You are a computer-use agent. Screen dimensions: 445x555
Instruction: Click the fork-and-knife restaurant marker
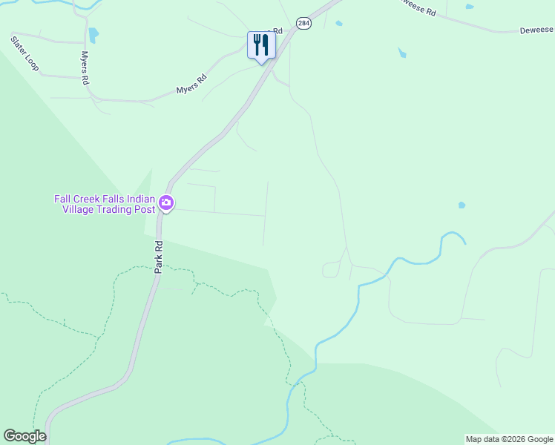click(261, 46)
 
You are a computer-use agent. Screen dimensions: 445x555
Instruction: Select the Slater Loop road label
click(24, 53)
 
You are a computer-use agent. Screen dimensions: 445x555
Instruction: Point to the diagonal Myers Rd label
click(191, 85)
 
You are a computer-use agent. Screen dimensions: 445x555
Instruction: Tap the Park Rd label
click(158, 257)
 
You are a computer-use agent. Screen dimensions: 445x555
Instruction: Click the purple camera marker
click(166, 202)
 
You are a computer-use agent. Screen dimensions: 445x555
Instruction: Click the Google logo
click(24, 436)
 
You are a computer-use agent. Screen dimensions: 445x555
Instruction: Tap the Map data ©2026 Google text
click(509, 439)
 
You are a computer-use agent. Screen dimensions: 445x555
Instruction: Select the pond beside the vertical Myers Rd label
click(93, 35)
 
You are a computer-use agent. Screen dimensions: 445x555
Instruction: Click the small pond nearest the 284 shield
click(338, 23)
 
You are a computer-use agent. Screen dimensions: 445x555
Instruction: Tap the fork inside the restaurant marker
click(257, 44)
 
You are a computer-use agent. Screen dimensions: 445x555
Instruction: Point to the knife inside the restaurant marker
click(266, 44)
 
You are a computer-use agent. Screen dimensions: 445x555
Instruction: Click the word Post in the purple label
click(145, 209)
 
